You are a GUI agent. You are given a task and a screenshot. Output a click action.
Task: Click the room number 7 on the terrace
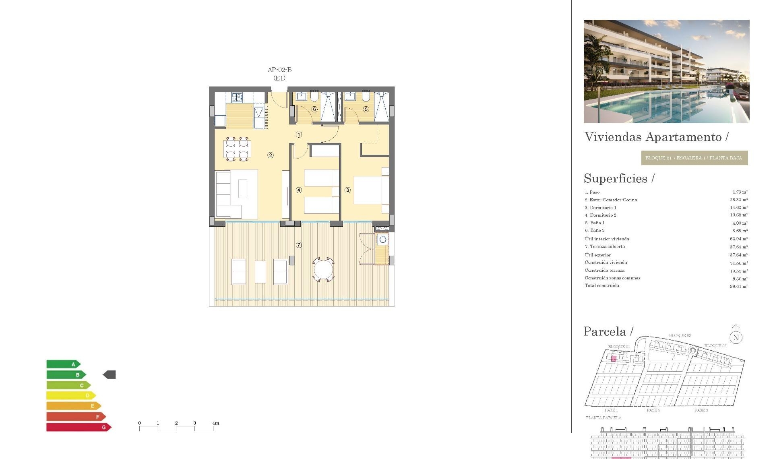[x=299, y=245]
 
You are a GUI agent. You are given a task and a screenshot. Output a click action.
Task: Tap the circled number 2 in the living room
[x=271, y=155]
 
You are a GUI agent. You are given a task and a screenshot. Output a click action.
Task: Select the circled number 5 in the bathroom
[x=366, y=109]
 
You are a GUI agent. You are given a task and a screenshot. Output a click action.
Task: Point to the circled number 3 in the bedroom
[x=347, y=190]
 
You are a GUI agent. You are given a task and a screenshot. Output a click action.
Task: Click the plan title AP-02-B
[x=279, y=70]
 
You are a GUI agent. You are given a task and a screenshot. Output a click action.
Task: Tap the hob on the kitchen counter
[x=237, y=97]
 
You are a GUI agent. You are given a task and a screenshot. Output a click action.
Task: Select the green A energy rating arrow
[x=63, y=364]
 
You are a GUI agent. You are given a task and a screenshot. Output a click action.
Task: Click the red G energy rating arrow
[x=79, y=427]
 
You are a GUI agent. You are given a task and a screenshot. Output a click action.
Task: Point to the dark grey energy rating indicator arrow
[x=110, y=375]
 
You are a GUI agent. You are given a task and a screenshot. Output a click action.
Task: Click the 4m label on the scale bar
[x=216, y=423]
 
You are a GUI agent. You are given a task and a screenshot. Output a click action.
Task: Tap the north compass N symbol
[x=736, y=338]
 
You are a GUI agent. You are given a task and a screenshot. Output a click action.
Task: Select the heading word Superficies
[x=616, y=178]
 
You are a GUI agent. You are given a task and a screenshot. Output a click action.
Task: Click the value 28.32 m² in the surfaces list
[x=739, y=200]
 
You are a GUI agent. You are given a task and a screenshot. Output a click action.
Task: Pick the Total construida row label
[x=602, y=285]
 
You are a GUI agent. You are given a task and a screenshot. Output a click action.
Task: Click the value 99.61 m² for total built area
[x=739, y=286]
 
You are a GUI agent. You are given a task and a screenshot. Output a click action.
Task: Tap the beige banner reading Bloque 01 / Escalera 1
[x=694, y=158]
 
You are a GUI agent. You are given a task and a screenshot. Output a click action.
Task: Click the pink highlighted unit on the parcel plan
[x=614, y=358]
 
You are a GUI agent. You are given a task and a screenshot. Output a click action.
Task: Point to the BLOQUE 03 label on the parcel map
[x=715, y=346]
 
